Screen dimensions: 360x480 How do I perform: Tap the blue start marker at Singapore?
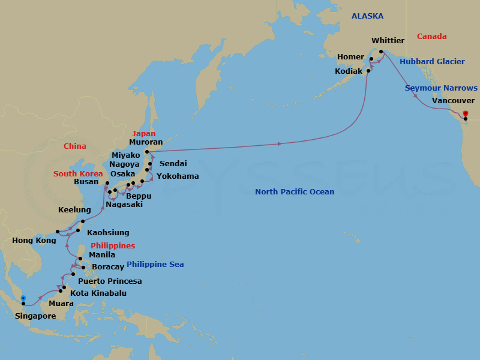tap(23, 298)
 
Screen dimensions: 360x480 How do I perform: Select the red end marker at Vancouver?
tap(466, 113)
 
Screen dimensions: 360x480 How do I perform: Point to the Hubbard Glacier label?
tap(432, 62)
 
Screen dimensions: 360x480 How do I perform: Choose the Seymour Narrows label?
tap(441, 88)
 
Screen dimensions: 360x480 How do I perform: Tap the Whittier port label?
tap(388, 41)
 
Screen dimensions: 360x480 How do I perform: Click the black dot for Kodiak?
tap(368, 71)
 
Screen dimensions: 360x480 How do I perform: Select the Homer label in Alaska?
tap(350, 57)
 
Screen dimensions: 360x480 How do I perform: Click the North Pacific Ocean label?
tap(295, 192)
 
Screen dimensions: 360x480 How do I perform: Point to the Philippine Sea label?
tap(155, 265)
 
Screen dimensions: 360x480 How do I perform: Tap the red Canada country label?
tap(432, 37)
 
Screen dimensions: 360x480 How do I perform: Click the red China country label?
tap(75, 146)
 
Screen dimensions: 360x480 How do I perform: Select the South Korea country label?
tap(78, 174)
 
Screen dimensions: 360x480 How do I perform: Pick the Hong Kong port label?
tap(34, 241)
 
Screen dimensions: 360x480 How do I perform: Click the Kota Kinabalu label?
tap(98, 293)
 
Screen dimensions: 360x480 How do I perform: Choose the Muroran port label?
tap(146, 143)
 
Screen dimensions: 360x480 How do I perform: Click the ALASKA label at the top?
tap(367, 16)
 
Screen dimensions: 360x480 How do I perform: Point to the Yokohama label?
tap(178, 176)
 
